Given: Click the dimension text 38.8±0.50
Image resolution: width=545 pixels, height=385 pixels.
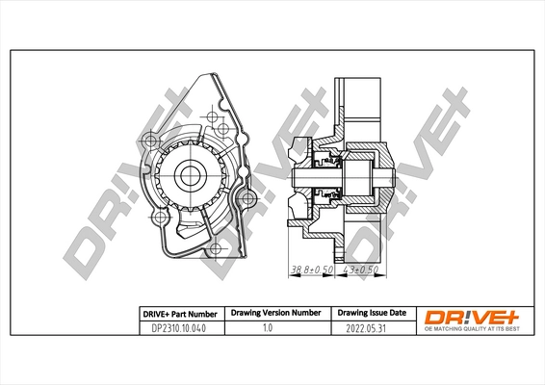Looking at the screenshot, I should pyautogui.click(x=310, y=270).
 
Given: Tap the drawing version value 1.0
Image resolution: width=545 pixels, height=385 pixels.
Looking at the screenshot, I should pyautogui.click(x=274, y=328).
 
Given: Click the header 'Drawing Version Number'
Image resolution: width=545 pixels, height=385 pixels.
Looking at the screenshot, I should pyautogui.click(x=274, y=313).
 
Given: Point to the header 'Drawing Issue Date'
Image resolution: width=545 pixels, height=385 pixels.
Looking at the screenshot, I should pyautogui.click(x=370, y=313).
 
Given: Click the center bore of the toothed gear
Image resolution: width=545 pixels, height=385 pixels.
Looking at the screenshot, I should pyautogui.click(x=189, y=176).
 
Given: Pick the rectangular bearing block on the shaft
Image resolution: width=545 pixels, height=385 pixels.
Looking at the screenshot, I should pyautogui.click(x=362, y=177).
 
